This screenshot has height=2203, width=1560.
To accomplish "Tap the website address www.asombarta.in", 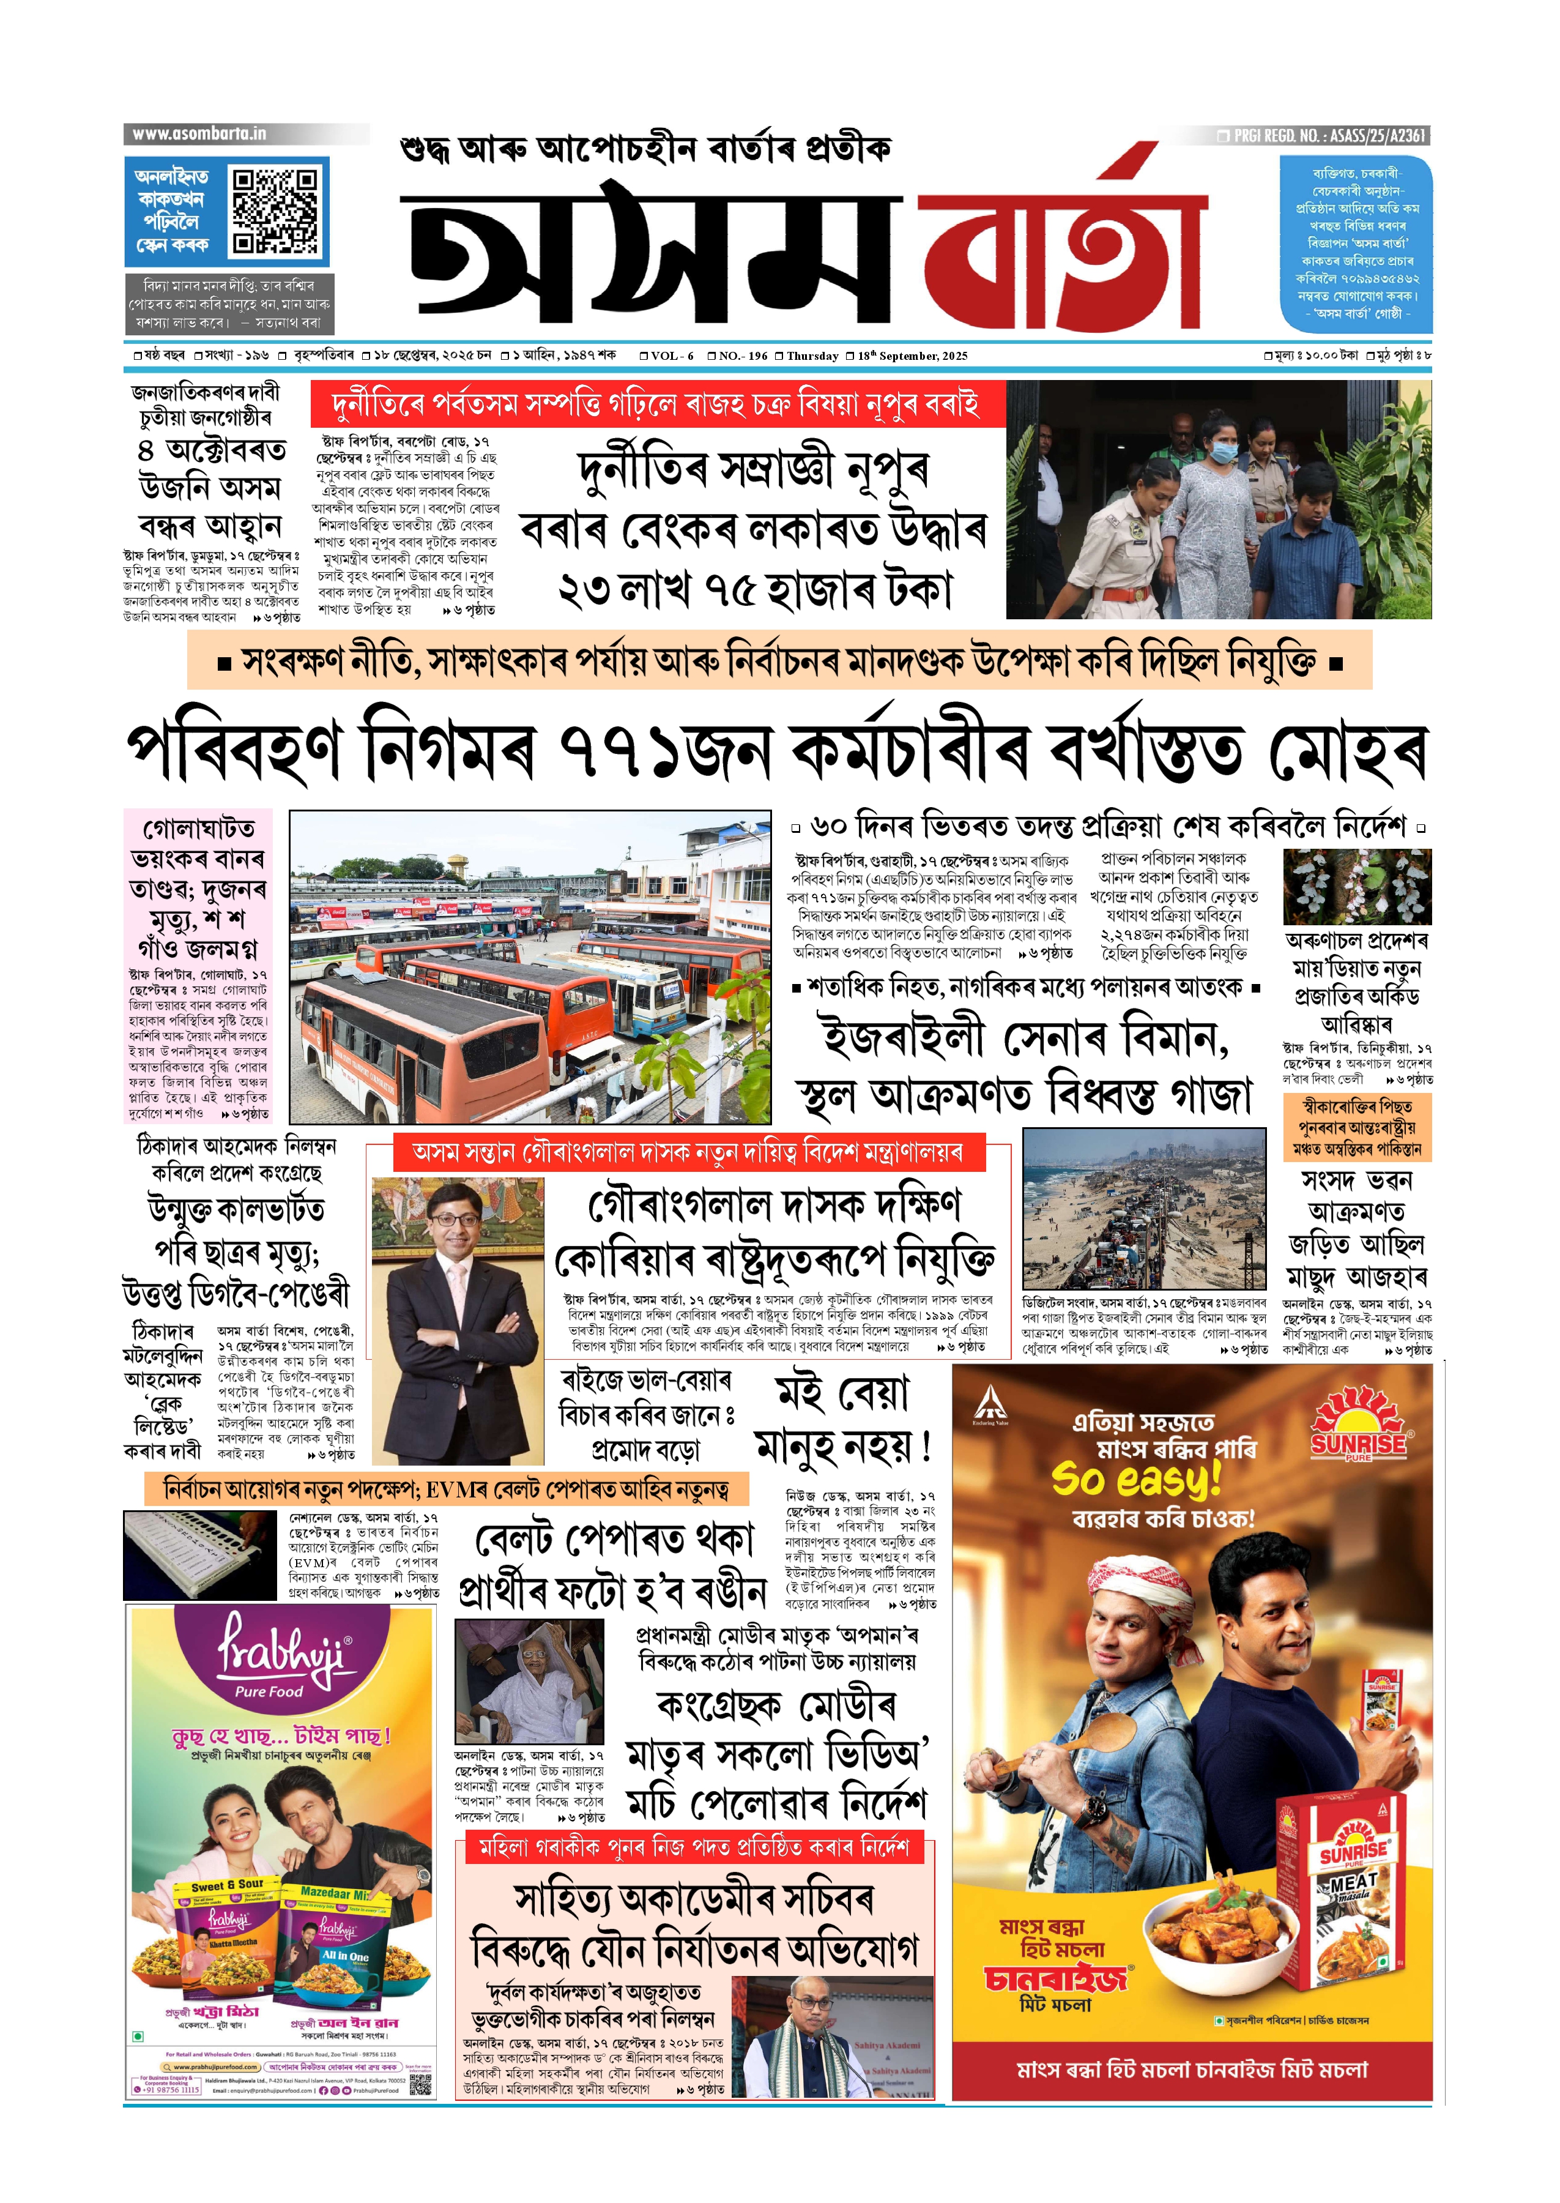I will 200,133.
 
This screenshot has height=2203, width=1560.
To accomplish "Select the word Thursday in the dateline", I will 812,356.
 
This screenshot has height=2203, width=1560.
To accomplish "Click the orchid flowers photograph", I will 1358,886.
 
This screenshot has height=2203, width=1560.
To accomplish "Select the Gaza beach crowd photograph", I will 1144,1209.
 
